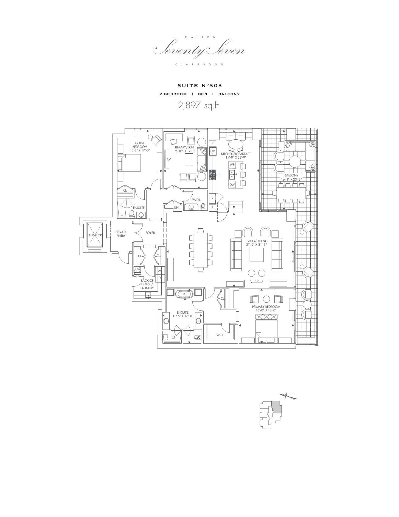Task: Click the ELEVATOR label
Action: coord(95,235)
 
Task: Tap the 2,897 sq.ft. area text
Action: coord(199,106)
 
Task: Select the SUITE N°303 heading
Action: coord(199,86)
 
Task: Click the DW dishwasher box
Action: coord(232,185)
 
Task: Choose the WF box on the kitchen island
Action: coord(232,164)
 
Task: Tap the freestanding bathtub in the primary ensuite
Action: coord(185,294)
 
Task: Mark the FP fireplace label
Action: coord(257,281)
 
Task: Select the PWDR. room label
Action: coord(196,200)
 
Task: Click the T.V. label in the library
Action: coord(169,159)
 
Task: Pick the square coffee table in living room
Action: coord(257,255)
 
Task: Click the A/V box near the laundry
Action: coord(137,270)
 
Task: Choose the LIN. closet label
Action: coord(177,208)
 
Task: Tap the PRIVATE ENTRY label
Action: coord(121,234)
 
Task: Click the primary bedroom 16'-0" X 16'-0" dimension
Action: coord(266,310)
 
